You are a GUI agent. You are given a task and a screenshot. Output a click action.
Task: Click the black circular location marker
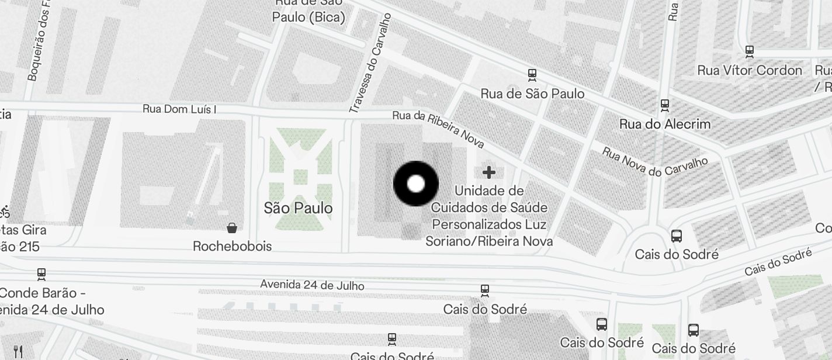(x=415, y=184)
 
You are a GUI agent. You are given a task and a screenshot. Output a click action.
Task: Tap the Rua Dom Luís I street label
(x=179, y=109)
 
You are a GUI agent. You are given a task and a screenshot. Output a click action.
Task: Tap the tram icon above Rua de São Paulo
(x=532, y=75)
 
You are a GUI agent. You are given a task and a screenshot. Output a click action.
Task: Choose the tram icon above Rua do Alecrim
(x=664, y=105)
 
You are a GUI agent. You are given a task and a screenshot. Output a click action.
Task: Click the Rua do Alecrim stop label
(x=664, y=124)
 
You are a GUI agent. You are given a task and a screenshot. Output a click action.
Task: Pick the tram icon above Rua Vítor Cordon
(x=750, y=51)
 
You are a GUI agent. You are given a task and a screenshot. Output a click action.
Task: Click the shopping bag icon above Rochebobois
(x=232, y=227)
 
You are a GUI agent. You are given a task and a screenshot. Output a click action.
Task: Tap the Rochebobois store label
(x=232, y=246)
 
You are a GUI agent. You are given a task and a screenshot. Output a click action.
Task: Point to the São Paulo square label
(x=298, y=208)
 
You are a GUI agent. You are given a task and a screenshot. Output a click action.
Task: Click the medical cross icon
(x=489, y=172)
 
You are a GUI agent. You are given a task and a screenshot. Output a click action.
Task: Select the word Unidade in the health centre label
(x=489, y=191)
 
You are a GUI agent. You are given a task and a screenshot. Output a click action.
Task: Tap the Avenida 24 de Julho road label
(x=312, y=285)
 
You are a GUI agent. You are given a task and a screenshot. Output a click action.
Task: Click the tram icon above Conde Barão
(x=41, y=274)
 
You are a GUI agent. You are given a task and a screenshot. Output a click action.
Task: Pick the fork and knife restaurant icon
(x=18, y=351)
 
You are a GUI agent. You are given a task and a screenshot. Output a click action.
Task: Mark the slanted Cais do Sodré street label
(x=778, y=263)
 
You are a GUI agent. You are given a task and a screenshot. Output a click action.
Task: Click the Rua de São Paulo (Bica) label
(x=308, y=11)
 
